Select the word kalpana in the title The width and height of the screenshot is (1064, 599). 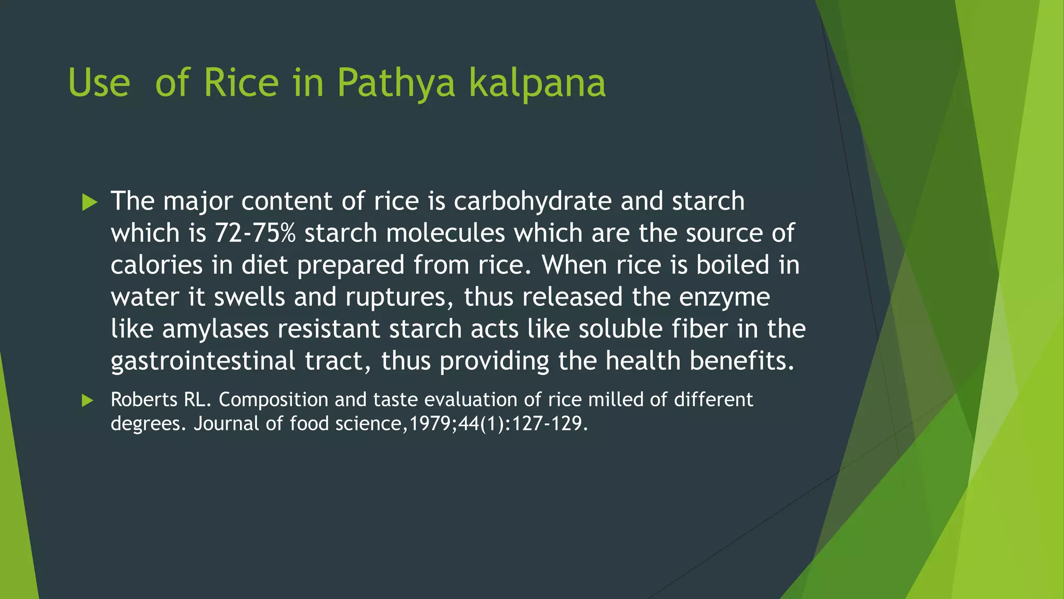tap(537, 83)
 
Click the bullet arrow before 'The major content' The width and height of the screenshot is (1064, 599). tap(89, 202)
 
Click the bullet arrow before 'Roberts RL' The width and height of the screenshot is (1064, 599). tap(87, 400)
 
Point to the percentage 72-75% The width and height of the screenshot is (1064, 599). tap(255, 233)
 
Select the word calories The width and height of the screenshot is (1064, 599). tap(156, 265)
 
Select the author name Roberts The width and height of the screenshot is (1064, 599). tap(144, 399)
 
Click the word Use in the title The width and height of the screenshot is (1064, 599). tap(99, 83)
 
